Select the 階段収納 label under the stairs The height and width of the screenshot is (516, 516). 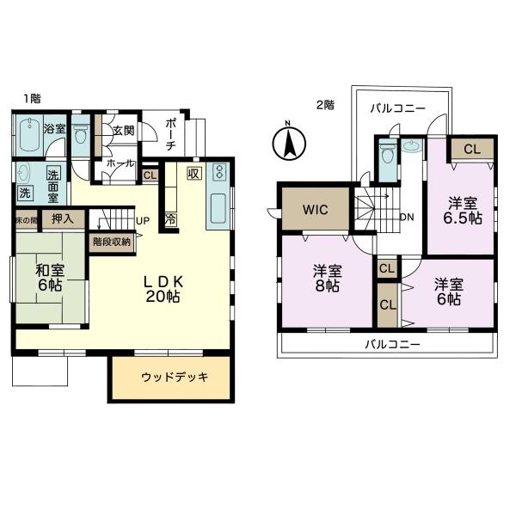[111, 242]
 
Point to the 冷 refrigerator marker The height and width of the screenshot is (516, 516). [170, 219]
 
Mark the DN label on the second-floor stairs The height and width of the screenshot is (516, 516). [407, 217]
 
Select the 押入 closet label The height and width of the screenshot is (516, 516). [62, 219]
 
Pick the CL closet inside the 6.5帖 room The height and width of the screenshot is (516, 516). [471, 150]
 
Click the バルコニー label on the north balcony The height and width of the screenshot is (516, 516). [396, 109]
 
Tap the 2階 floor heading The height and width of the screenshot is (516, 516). [324, 104]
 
